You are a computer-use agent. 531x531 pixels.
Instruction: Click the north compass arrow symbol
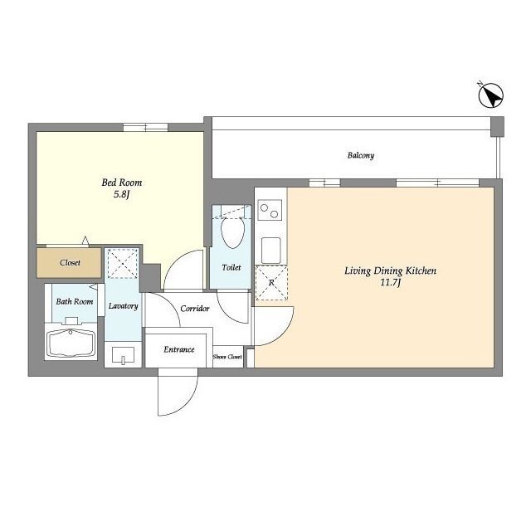(x=491, y=95)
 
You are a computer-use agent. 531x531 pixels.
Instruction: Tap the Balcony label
(x=361, y=155)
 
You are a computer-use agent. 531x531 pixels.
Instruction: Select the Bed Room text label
(x=122, y=183)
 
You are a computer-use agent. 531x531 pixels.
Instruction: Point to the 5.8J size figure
(x=122, y=195)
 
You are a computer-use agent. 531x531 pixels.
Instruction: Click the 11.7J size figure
(x=390, y=282)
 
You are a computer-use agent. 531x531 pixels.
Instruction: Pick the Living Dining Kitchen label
(x=391, y=270)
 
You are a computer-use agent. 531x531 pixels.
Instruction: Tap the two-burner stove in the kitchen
(x=270, y=210)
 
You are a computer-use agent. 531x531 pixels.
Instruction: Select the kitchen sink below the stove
(x=271, y=251)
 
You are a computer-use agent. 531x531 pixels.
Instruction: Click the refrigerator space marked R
(x=271, y=282)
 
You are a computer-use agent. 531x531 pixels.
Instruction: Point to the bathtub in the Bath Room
(x=71, y=343)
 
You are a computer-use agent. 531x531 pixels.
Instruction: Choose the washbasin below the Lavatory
(x=123, y=355)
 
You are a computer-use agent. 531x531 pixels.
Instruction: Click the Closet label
(x=70, y=262)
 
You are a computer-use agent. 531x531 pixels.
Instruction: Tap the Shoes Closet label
(x=227, y=357)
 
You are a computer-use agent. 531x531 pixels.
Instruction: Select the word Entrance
(x=179, y=349)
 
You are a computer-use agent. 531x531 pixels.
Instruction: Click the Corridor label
(x=195, y=309)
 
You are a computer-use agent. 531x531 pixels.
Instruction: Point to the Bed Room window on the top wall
(x=145, y=127)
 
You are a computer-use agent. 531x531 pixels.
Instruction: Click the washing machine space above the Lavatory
(x=123, y=264)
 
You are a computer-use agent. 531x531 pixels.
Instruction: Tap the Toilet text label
(x=231, y=267)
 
